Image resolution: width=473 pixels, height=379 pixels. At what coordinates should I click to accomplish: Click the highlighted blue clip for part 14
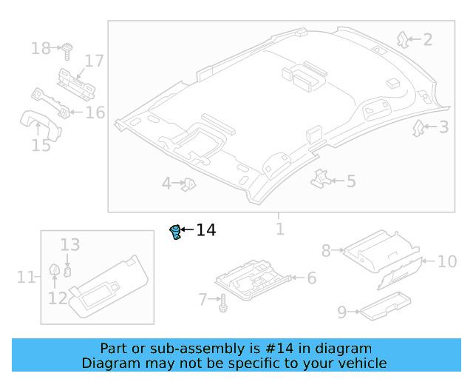[176, 232]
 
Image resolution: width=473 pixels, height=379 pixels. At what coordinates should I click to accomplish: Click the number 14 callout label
[205, 231]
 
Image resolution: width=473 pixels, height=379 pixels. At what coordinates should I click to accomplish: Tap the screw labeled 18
[67, 50]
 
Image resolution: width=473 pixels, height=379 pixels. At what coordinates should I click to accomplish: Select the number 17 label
[94, 61]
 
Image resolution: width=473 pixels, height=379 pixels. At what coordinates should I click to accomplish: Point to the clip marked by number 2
[403, 38]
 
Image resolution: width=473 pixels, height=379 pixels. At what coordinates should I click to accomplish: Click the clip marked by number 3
[418, 128]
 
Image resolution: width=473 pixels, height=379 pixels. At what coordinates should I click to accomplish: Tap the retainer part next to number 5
[320, 178]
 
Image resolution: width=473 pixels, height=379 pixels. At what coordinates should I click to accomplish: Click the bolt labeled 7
[222, 301]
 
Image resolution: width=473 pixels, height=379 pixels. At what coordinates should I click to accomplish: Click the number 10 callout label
[447, 261]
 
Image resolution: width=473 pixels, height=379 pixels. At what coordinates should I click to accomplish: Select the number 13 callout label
[69, 244]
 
